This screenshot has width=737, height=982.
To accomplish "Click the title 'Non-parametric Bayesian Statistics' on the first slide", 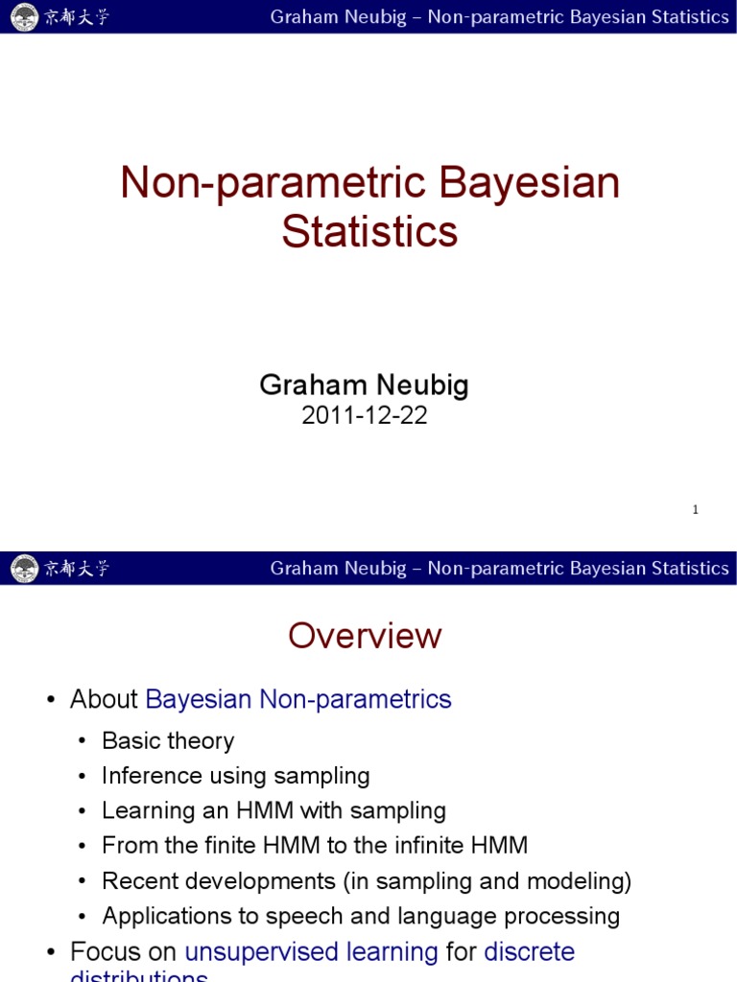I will pos(369,206).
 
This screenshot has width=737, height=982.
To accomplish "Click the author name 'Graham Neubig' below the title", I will pos(364,386).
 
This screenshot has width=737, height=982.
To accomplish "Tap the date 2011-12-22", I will pos(364,415).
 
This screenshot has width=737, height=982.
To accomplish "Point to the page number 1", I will pos(695,510).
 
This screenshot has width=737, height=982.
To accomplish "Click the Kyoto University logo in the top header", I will pos(23,16).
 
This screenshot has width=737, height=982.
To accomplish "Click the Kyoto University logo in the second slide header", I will pos(23,569).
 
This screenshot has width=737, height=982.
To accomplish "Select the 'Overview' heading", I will pos(365,636).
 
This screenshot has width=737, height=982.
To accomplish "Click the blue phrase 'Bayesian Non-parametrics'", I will pos(298,699).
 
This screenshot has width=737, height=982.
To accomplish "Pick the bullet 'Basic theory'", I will pos(168,740).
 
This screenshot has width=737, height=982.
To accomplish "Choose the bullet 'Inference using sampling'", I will pos(235,776).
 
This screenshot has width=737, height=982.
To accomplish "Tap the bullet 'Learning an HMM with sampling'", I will pos(273,810).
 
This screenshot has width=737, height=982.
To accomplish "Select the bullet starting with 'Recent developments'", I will pos(367,880).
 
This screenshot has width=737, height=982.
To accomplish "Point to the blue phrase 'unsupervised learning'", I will pos(311,951).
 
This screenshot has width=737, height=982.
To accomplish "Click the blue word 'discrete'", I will pos(529,951).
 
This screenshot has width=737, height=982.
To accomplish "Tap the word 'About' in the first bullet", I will pos(104,699).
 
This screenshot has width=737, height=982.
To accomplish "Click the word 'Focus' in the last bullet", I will pos(105,951).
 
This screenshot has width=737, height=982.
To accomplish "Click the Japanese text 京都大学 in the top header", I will pos(77,16).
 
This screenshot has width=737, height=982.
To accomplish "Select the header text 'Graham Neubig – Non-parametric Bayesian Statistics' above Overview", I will pos(499,569).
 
